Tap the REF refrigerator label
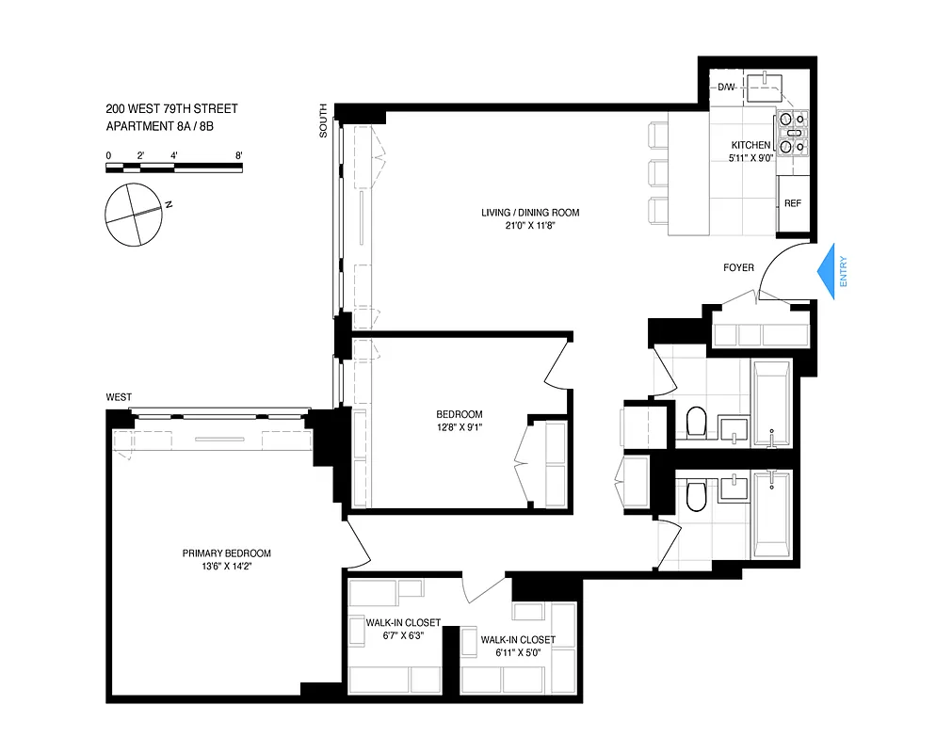(x=793, y=203)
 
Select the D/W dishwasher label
(x=726, y=88)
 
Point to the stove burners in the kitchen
(x=792, y=133)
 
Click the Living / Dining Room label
(x=530, y=213)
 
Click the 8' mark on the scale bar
(x=239, y=154)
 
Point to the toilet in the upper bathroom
(x=697, y=424)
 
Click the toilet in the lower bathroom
(x=697, y=496)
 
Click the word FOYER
(x=738, y=267)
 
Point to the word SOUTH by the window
(x=324, y=121)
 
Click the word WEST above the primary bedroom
(x=119, y=397)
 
